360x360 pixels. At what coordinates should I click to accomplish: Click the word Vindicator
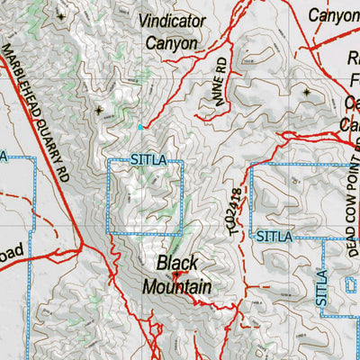pos(182,19)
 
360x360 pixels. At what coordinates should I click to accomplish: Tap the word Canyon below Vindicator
pos(171,42)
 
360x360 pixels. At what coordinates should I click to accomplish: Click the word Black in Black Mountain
pos(177,264)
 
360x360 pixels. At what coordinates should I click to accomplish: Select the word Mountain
pos(177,286)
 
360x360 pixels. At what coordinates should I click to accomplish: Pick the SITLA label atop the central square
pos(148,161)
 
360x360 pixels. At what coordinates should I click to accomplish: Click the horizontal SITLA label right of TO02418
pos(274,237)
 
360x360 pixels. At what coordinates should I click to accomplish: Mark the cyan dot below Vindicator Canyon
pos(140,127)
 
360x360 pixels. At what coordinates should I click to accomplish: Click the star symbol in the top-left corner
pos(61,16)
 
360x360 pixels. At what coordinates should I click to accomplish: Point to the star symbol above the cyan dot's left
pos(99,111)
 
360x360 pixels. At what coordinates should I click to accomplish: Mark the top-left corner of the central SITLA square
pos(109,161)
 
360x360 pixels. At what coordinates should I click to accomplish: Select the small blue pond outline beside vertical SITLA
pos(351,286)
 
